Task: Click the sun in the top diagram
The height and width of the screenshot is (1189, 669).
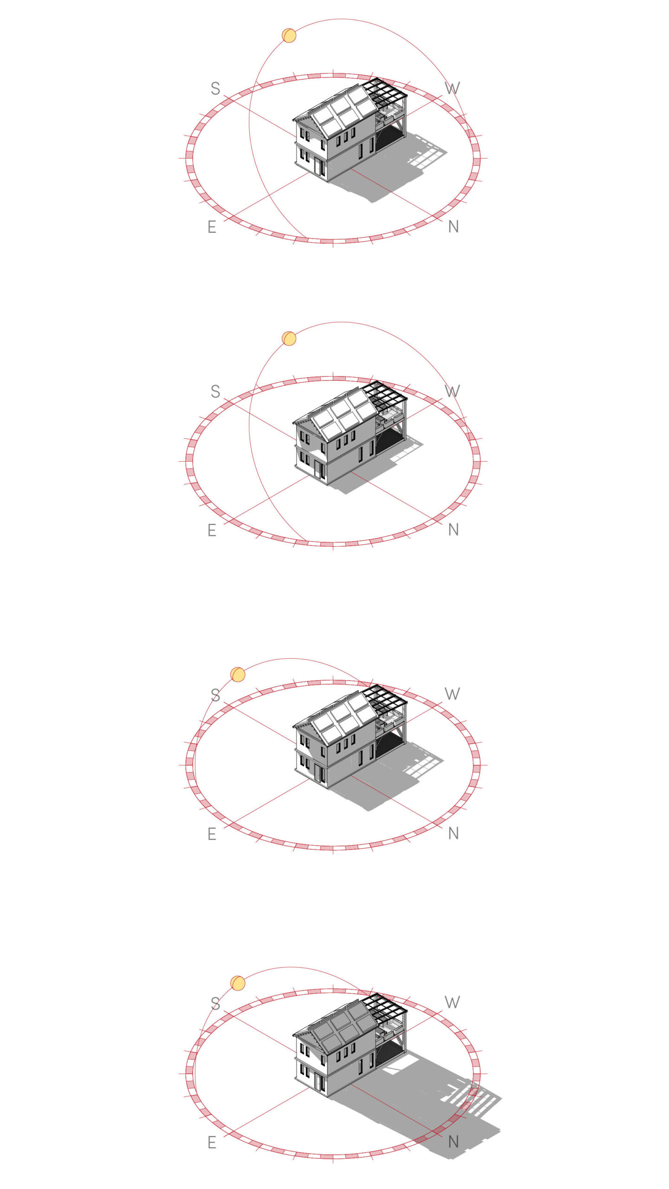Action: [289, 35]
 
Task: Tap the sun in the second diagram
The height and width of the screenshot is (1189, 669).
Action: [289, 339]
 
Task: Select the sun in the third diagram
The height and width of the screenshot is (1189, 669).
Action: [238, 674]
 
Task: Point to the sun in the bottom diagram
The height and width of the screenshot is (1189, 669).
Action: [238, 983]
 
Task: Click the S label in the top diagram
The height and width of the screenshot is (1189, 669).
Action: [215, 88]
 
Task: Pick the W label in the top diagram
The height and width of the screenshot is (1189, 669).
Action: [452, 88]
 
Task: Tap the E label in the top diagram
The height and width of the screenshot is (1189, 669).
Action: [212, 227]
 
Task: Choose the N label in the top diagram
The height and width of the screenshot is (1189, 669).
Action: [454, 227]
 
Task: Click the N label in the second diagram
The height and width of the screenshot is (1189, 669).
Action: [454, 529]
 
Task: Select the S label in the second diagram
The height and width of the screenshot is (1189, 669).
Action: [215, 391]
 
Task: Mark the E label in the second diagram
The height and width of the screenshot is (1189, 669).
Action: [212, 530]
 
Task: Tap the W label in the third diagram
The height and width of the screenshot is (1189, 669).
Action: [452, 694]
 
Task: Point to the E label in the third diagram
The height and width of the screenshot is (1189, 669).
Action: [212, 834]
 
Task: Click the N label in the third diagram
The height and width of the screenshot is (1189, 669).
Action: [454, 834]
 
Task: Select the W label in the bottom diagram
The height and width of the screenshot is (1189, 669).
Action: [452, 1002]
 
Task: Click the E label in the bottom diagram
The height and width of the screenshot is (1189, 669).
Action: [212, 1142]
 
